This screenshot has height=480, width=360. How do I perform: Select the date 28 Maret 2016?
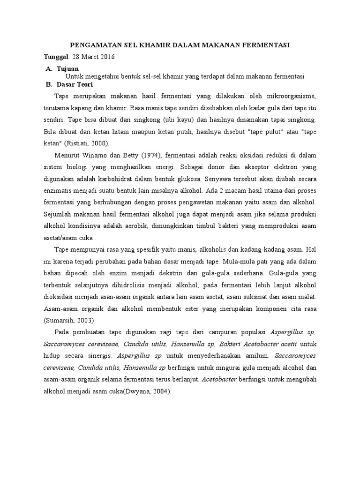coord(93,57)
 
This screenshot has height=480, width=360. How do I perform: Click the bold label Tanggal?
coord(56,57)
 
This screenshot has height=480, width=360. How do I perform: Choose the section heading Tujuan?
coord(69,68)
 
